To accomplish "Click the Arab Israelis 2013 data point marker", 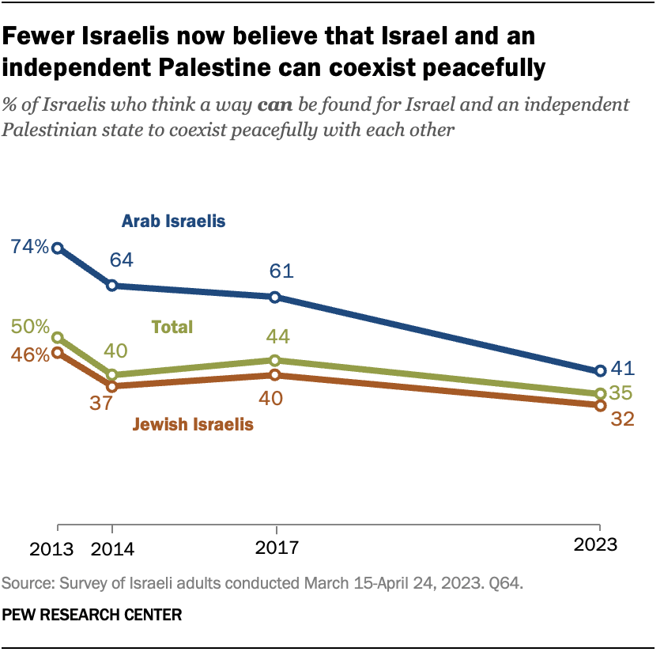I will [x=58, y=248].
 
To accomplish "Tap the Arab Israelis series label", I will [x=173, y=221].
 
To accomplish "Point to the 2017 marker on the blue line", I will [x=275, y=298].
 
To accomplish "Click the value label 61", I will [x=281, y=271].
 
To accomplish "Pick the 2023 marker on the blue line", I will [x=600, y=370].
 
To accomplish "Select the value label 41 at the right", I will [x=624, y=369].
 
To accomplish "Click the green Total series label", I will [x=172, y=327].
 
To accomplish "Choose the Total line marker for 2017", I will [x=275, y=360].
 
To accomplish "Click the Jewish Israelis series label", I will [x=193, y=424].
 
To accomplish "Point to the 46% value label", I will [x=29, y=354].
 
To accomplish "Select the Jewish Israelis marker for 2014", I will [x=112, y=386].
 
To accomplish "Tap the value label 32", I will [x=623, y=419].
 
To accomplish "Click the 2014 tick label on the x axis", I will [x=112, y=546].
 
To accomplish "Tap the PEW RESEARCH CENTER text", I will [x=92, y=613].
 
